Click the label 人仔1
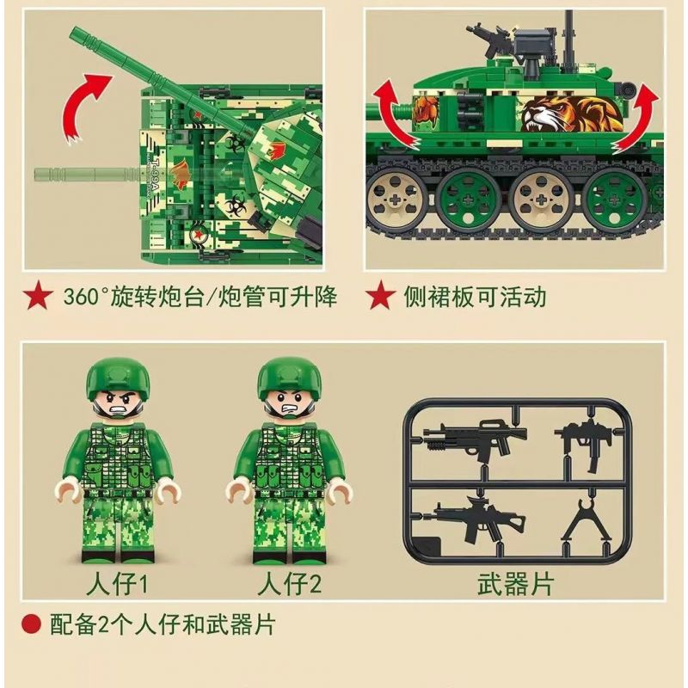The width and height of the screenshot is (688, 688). (x=118, y=584)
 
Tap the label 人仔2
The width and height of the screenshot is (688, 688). (x=289, y=584)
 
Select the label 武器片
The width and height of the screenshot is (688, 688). (x=515, y=584)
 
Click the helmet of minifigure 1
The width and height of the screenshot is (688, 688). (x=118, y=378)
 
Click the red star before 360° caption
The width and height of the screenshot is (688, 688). (x=38, y=295)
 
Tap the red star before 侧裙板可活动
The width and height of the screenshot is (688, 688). (x=381, y=295)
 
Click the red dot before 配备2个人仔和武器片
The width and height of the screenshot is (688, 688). (x=31, y=623)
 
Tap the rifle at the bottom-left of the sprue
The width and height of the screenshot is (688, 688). (x=474, y=520)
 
